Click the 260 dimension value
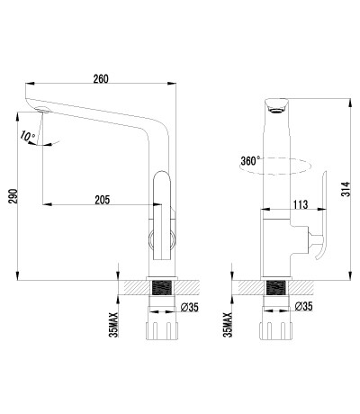[100, 79]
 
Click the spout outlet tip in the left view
[41, 111]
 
